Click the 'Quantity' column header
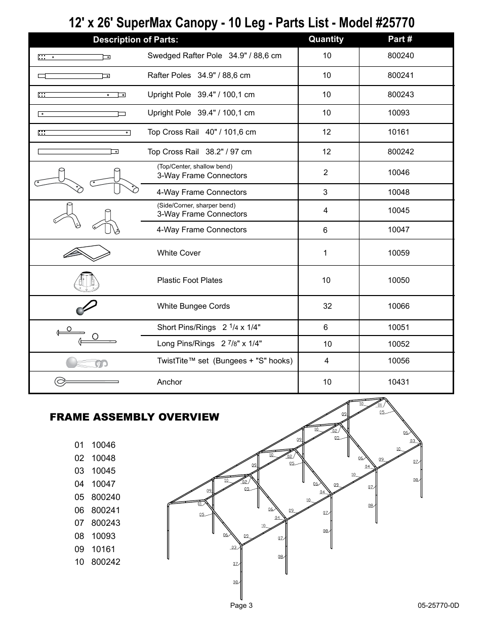click(326, 39)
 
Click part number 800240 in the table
click(400, 56)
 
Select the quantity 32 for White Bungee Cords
click(326, 306)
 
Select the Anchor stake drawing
click(86, 382)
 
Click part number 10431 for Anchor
click(398, 382)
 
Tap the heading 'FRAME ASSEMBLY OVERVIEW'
click(134, 417)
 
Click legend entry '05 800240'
click(97, 497)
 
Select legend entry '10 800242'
click(97, 562)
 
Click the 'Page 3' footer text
click(241, 606)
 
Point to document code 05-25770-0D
click(438, 606)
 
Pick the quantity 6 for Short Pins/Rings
click(326, 327)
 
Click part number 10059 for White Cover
click(398, 253)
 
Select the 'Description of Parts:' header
click(135, 40)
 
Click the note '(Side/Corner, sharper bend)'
click(196, 205)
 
